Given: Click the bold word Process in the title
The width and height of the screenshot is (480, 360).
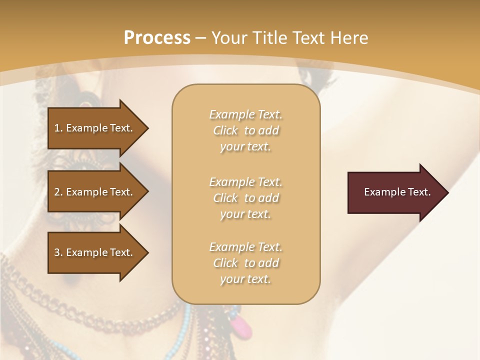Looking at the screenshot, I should [157, 38].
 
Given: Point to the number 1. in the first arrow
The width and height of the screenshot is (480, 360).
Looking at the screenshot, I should [58, 128].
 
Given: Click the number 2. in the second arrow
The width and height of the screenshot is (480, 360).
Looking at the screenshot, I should [58, 192].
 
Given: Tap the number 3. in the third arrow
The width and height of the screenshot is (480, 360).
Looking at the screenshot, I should [58, 252].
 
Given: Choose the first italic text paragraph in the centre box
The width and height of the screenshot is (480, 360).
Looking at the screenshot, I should [245, 130].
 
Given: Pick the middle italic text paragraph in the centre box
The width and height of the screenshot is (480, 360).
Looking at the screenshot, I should [245, 198].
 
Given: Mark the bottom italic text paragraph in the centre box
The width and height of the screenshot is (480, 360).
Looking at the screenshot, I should [245, 263].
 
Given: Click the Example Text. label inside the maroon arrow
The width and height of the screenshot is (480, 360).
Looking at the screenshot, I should [397, 192].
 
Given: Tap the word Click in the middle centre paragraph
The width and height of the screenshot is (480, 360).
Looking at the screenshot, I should [225, 198].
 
